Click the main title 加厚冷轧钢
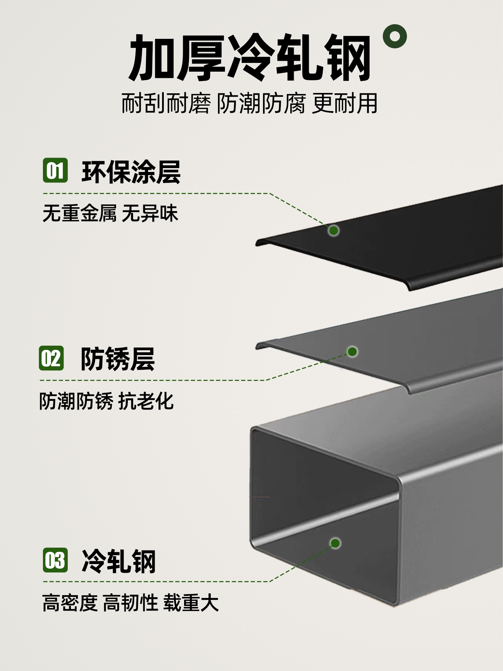(249, 58)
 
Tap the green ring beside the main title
(395, 36)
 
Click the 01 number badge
(55, 170)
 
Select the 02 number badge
(51, 358)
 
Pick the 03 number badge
(55, 560)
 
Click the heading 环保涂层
(131, 172)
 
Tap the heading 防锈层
(118, 359)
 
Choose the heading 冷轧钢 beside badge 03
(119, 561)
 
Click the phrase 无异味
(150, 213)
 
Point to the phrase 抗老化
(146, 401)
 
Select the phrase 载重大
(191, 603)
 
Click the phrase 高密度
(70, 603)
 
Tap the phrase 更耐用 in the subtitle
(345, 103)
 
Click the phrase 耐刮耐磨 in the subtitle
(166, 103)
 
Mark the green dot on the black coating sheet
(334, 230)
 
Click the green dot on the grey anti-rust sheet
(352, 352)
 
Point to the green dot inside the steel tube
(335, 543)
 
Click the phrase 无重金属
(79, 213)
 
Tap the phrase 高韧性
(131, 603)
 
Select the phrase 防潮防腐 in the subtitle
(261, 103)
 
